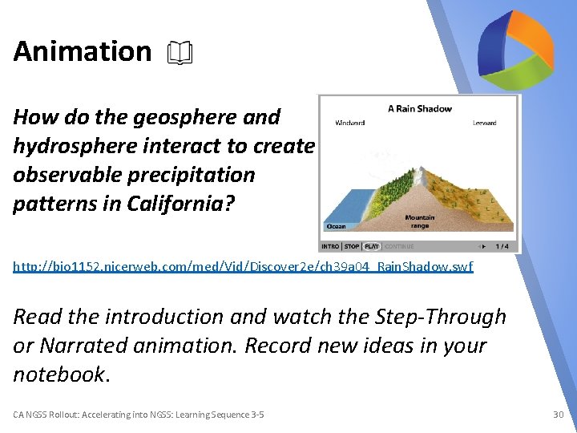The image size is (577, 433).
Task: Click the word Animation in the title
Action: (x=82, y=51)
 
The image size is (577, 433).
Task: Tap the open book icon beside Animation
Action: (x=180, y=53)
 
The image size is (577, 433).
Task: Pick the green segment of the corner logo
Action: (x=523, y=67)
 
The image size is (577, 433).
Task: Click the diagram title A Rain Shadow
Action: (x=419, y=109)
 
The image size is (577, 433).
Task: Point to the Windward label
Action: (x=350, y=123)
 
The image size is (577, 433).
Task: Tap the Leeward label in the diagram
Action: (x=484, y=123)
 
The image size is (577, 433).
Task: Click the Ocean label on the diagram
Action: (x=337, y=227)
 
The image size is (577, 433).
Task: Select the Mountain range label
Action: (x=419, y=222)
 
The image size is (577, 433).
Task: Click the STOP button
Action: (x=352, y=246)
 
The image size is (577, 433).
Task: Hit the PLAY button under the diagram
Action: (x=372, y=246)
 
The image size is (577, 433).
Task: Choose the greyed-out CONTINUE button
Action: (x=398, y=246)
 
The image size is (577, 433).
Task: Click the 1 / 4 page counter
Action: (x=502, y=246)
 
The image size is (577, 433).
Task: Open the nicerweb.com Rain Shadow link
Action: (x=243, y=266)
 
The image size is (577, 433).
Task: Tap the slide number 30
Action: (x=559, y=415)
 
